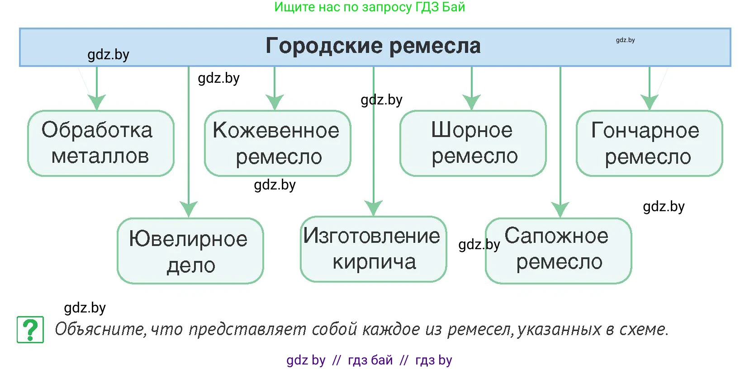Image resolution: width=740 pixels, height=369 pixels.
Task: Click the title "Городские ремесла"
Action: tap(373, 46)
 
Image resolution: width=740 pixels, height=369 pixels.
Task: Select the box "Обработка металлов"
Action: tap(100, 143)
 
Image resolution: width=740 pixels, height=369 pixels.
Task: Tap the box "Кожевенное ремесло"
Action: tap(277, 143)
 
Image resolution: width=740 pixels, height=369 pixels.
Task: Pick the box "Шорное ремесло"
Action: tap(473, 143)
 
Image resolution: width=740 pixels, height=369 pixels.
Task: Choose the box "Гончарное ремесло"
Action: tap(649, 143)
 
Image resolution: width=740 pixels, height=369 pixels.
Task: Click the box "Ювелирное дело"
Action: tap(190, 251)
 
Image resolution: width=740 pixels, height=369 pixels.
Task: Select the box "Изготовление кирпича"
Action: tap(373, 249)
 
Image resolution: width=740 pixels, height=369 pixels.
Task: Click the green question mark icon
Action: tap(30, 330)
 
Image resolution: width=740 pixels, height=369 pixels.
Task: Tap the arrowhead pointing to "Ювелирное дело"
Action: tap(189, 209)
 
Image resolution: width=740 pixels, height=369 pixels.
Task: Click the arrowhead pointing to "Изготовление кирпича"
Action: tap(374, 208)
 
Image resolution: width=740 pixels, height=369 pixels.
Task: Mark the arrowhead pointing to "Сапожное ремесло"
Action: tap(560, 209)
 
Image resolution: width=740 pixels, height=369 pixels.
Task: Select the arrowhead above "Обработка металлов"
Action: tap(97, 102)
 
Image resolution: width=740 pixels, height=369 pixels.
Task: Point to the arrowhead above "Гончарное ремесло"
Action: tap(650, 102)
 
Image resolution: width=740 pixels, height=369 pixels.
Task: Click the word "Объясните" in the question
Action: tap(100, 329)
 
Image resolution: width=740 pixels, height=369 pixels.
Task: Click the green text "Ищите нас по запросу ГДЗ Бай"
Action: tap(370, 7)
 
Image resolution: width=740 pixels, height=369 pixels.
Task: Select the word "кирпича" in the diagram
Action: tap(374, 262)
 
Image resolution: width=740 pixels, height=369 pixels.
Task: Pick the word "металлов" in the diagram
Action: tap(100, 156)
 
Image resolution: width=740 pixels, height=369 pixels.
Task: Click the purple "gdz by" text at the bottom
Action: tap(306, 360)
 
